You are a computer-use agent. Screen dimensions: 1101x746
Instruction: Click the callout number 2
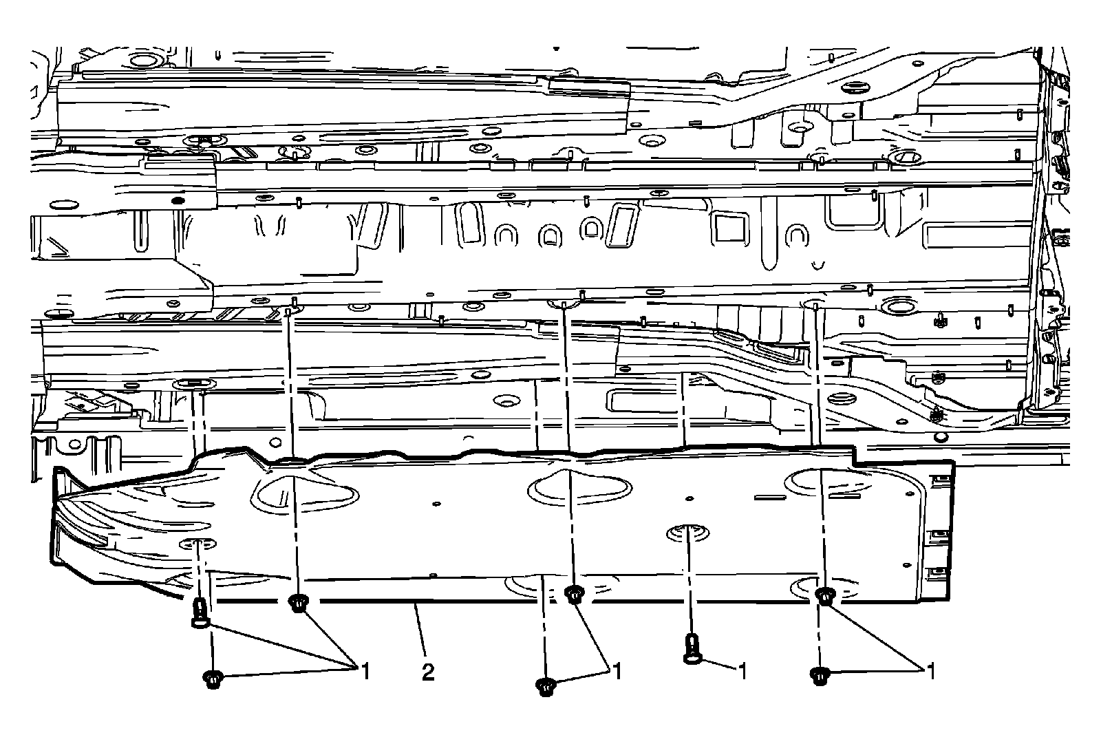click(428, 672)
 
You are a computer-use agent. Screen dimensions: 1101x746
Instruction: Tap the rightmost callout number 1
click(932, 670)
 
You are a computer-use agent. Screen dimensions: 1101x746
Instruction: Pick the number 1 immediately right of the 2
click(617, 670)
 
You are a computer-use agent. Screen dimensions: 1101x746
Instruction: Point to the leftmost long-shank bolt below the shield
click(200, 612)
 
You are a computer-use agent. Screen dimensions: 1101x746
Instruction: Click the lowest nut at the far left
click(213, 679)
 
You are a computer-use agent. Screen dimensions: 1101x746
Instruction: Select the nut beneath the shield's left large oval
click(297, 604)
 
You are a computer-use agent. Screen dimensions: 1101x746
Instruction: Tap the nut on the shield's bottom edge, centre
click(574, 593)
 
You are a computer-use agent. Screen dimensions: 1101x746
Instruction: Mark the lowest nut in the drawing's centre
click(546, 685)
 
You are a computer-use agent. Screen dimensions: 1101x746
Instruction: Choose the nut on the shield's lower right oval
click(824, 595)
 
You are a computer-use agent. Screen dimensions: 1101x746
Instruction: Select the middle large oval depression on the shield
click(579, 487)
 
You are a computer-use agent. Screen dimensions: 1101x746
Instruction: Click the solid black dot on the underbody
click(177, 200)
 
